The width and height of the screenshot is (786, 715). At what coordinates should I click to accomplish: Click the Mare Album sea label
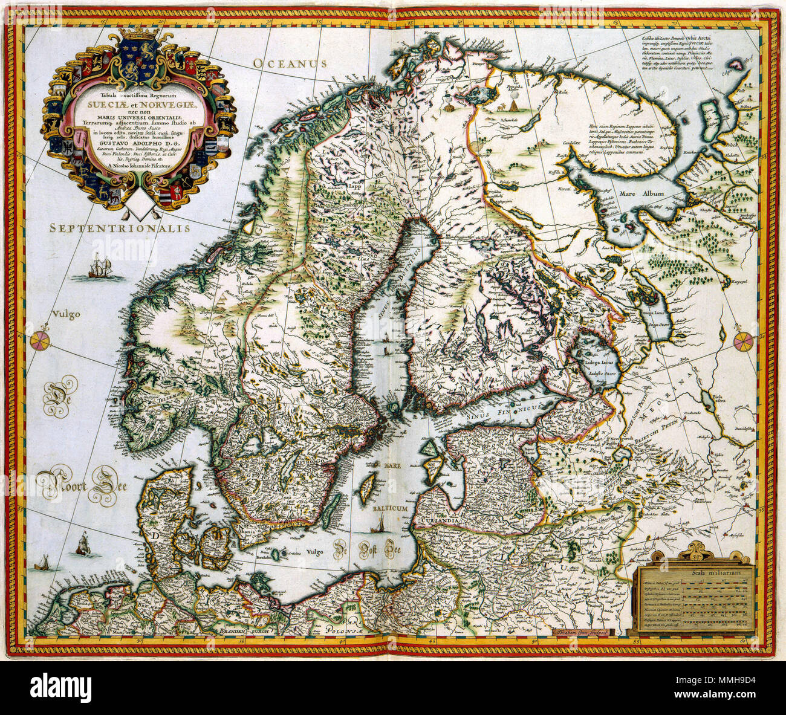pyautogui.click(x=641, y=194)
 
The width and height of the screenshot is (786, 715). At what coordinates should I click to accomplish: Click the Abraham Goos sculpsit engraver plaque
pyautogui.click(x=581, y=632)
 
